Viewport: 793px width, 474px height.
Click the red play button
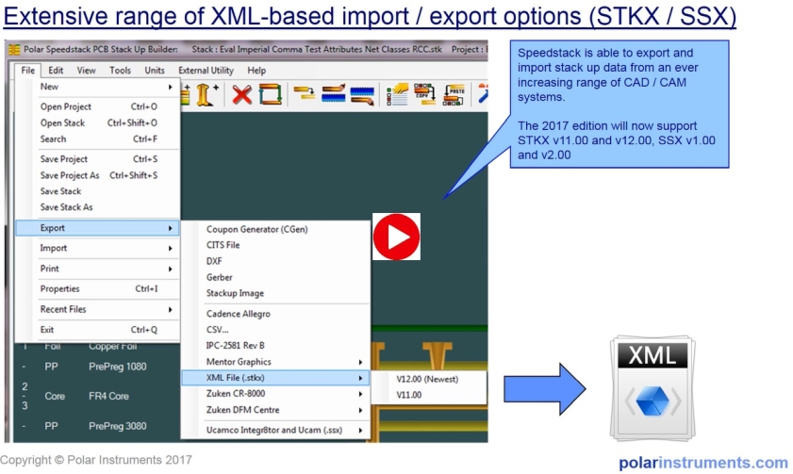[396, 237]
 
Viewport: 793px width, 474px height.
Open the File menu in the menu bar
[27, 71]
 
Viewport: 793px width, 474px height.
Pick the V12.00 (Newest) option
[427, 379]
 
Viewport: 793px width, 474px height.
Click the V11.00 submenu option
[409, 395]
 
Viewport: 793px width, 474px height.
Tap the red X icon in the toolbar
[241, 94]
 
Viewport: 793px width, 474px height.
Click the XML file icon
[653, 387]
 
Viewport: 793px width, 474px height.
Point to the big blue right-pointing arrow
[545, 389]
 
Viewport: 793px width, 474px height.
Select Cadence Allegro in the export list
[239, 314]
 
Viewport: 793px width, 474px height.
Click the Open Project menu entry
[66, 106]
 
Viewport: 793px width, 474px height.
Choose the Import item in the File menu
[54, 248]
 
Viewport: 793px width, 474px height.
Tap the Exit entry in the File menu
[47, 330]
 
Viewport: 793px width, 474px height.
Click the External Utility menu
[206, 71]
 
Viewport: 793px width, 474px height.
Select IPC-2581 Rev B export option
[235, 346]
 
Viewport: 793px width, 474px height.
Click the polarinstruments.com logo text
[703, 463]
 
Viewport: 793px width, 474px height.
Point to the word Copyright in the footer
[25, 460]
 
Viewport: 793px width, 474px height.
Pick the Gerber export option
[219, 277]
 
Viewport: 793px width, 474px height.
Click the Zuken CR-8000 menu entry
[236, 394]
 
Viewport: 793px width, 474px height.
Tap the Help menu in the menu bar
[256, 71]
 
